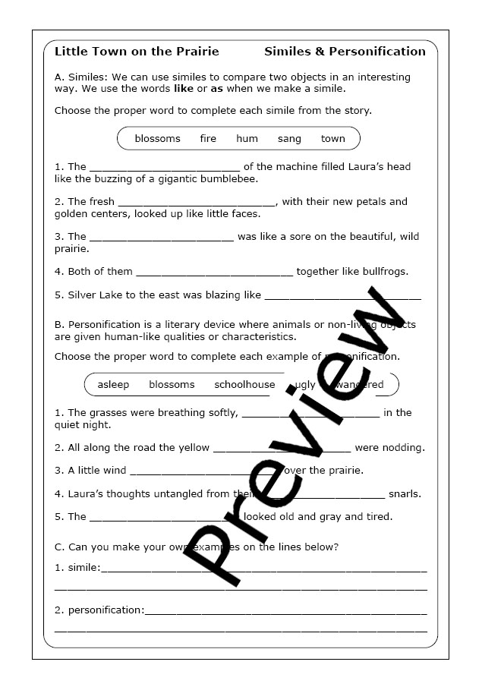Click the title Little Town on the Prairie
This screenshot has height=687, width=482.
click(x=137, y=52)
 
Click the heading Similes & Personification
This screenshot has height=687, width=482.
click(x=345, y=52)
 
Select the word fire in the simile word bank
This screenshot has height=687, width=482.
click(x=208, y=139)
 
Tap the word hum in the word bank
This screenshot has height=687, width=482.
click(x=247, y=139)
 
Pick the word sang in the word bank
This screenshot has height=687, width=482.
click(x=289, y=139)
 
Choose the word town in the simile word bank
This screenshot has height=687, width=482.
click(x=332, y=139)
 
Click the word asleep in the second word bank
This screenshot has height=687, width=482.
click(x=113, y=385)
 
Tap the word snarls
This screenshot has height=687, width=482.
click(x=405, y=494)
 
